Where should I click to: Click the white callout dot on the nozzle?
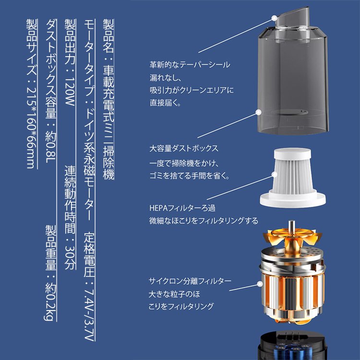(275, 18)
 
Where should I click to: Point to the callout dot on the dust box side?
(259, 112)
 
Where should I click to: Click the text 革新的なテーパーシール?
(189, 65)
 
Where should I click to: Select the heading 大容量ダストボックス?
(184, 148)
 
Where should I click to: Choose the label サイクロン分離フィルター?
(190, 281)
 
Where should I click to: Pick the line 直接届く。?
(165, 102)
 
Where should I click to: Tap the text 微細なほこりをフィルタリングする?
(204, 221)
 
